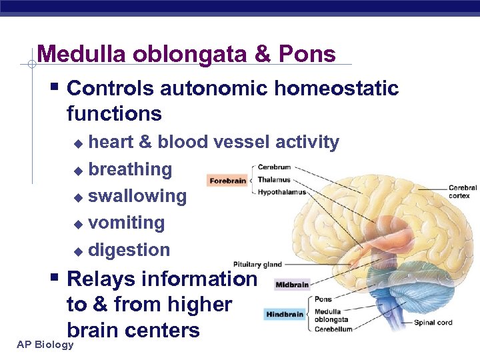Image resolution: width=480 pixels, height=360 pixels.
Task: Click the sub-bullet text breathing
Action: coord(130,169)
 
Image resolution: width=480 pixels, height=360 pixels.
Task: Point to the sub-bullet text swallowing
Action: coord(137,196)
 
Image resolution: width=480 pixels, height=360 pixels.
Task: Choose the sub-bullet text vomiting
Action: coord(127,223)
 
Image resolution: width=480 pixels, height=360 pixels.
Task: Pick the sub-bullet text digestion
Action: coord(129,250)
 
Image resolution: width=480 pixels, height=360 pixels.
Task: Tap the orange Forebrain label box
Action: coord(227,180)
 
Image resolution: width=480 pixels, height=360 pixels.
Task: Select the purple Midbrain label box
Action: coord(292,285)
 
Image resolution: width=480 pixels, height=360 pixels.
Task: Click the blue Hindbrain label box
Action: coord(285,314)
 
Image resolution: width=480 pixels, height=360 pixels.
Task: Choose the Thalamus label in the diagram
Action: coord(273,180)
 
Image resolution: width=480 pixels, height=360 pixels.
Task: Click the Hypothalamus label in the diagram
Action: coord(281,193)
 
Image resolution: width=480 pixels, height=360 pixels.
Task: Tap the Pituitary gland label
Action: coord(257,265)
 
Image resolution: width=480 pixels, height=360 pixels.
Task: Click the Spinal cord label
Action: coord(433,323)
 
